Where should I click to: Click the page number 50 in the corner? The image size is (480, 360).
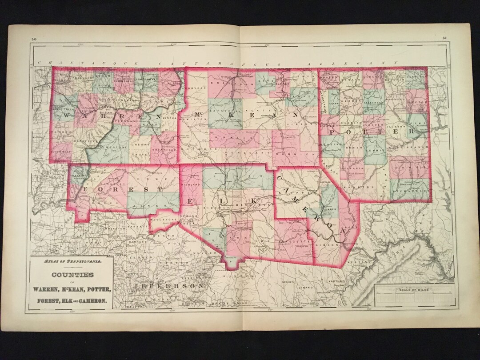click(34, 40)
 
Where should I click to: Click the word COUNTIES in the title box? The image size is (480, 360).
click(72, 275)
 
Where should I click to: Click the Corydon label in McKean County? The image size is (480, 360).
click(198, 88)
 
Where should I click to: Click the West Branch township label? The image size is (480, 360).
click(403, 146)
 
